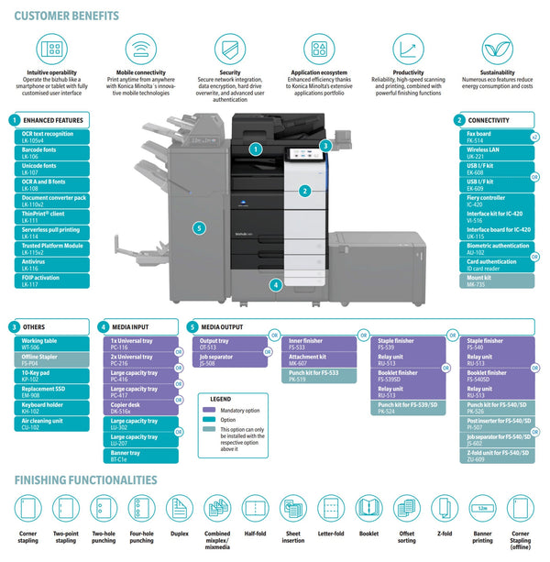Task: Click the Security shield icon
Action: coord(229,49)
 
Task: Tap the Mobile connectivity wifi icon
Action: coord(139,49)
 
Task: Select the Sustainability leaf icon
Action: coord(498,49)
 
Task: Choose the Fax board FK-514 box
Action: coord(497,136)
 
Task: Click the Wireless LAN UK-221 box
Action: coord(497,153)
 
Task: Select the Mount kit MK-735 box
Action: coord(497,282)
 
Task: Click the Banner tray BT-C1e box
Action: coord(143,455)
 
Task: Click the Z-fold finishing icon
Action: coord(445,509)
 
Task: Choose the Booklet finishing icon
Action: coord(368,509)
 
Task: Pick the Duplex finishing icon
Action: coord(179,509)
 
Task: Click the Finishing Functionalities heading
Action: coord(85,479)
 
